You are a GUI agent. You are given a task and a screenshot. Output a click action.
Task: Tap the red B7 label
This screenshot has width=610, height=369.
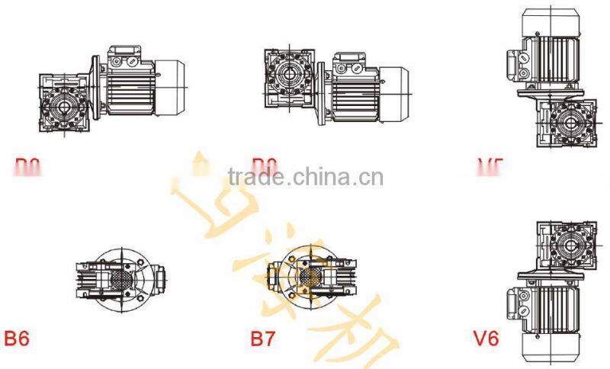click(263, 338)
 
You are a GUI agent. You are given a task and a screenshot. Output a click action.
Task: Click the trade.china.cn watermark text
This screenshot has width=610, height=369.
click(305, 178)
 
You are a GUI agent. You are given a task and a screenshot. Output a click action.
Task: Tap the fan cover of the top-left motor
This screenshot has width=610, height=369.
click(174, 88)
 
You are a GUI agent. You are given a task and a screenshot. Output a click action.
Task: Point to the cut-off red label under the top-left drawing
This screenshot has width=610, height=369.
click(27, 163)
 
